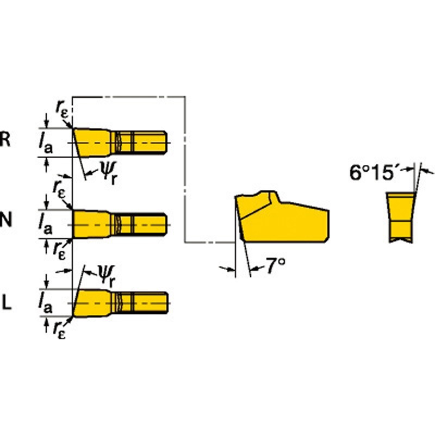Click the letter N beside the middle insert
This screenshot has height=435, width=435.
[6, 220]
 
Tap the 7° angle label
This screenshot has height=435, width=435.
[276, 265]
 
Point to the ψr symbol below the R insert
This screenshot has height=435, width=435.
[108, 172]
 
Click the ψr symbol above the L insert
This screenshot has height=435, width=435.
[106, 276]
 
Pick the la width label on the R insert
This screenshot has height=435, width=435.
[45, 144]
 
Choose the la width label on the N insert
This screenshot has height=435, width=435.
[45, 224]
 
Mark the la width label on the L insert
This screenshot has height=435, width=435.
[45, 303]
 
